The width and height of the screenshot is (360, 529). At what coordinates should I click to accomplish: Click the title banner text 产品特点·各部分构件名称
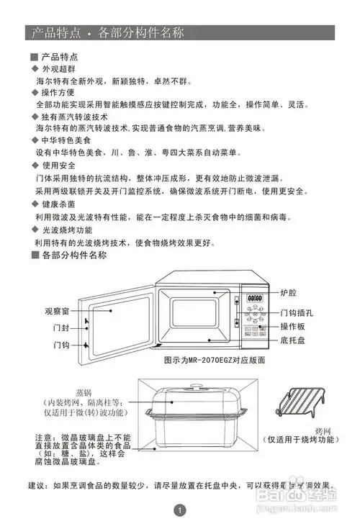coord(108,33)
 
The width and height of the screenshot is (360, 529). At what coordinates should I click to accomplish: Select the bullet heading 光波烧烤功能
coord(67,230)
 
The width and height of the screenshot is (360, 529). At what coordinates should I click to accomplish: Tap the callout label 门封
coord(61,327)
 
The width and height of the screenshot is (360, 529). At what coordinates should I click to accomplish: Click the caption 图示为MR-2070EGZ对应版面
coord(215,359)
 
